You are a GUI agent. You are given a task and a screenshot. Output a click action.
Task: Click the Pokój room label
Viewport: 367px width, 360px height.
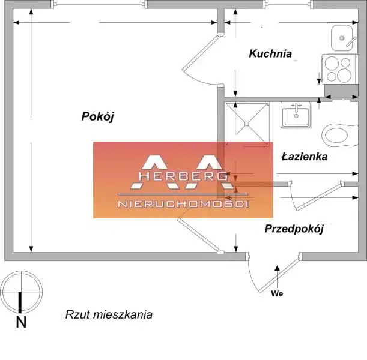pyautogui.click(x=97, y=116)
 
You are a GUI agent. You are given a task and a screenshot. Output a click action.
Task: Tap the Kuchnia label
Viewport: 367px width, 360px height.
pyautogui.click(x=270, y=53)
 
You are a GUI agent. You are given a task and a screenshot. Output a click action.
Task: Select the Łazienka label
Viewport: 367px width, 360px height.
pyautogui.click(x=305, y=157)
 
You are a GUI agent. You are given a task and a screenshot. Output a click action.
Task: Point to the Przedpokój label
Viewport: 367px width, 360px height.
pyautogui.click(x=294, y=229)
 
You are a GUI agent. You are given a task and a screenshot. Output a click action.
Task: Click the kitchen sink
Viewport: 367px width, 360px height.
pyautogui.click(x=342, y=38)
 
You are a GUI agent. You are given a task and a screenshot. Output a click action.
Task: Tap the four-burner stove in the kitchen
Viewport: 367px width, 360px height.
pyautogui.click(x=341, y=69)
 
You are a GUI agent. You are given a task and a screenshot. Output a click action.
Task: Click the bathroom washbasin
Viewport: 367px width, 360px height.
pyautogui.click(x=296, y=115)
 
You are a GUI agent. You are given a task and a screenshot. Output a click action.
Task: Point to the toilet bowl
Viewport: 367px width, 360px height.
pyautogui.click(x=339, y=136)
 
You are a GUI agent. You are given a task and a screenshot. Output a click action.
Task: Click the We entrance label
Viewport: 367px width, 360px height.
pyautogui.click(x=277, y=293)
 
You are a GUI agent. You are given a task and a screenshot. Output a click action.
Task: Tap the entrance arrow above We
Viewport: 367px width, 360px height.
pyautogui.click(x=277, y=277)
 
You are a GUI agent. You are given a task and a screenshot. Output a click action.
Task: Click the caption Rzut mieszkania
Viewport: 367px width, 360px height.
pyautogui.click(x=109, y=314)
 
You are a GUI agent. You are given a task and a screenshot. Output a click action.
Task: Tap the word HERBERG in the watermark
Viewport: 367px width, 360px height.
pyautogui.click(x=183, y=176)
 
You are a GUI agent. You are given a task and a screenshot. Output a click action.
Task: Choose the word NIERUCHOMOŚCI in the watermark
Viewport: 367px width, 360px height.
pyautogui.click(x=183, y=204)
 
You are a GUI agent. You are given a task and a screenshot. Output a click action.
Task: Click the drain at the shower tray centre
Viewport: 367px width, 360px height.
pyautogui.click(x=247, y=123)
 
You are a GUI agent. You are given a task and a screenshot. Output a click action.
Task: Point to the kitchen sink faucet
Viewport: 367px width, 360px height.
pyautogui.click(x=351, y=41)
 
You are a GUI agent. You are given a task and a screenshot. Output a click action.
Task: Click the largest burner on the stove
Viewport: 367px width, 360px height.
pyautogui.click(x=344, y=75)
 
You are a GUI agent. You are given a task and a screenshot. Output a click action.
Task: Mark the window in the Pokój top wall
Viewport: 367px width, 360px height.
pyautogui.click(x=100, y=4)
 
